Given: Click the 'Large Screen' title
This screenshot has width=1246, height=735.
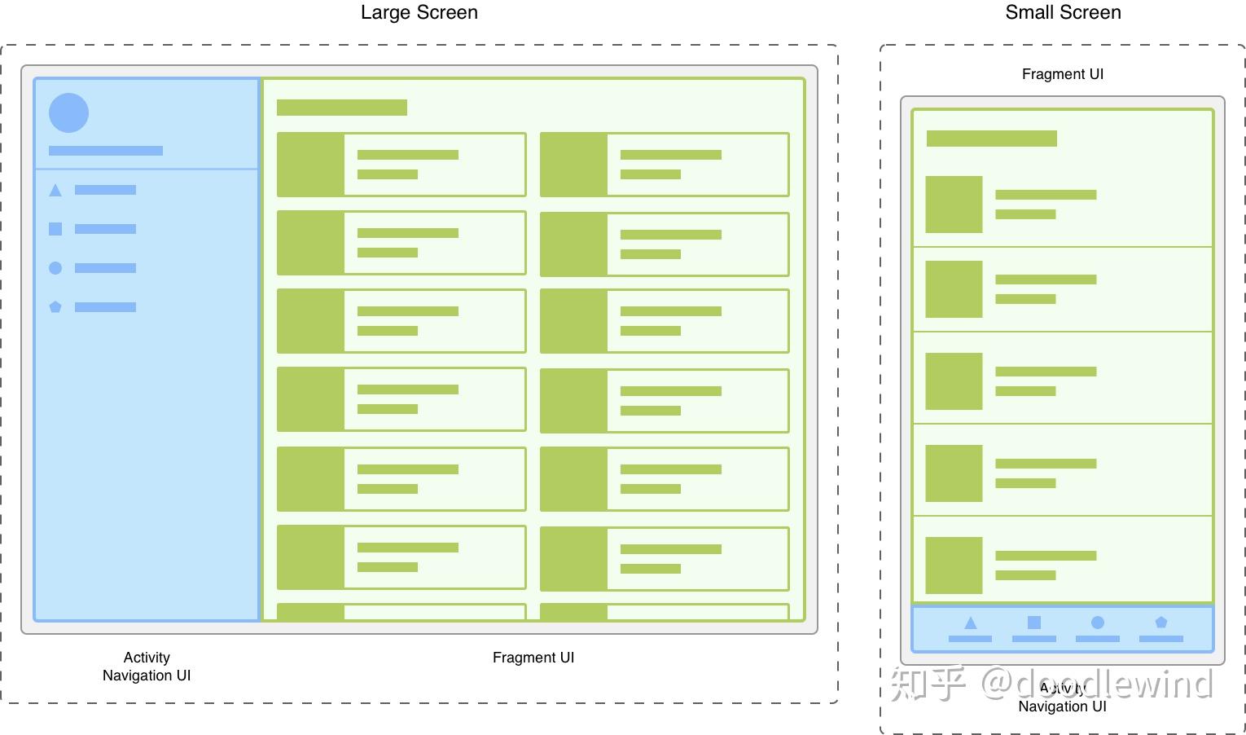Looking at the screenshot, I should click(x=419, y=12).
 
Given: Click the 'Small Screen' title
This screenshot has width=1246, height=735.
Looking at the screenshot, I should click(x=1063, y=12).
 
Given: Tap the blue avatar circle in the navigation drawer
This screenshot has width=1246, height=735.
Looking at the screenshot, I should click(x=68, y=112).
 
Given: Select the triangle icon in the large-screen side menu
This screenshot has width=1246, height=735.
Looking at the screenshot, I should click(x=55, y=191).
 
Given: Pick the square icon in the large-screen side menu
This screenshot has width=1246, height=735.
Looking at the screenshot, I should click(x=55, y=229).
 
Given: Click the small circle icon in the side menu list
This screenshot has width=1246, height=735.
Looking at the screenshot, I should click(x=55, y=268).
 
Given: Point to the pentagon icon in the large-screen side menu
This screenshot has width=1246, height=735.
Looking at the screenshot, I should click(x=55, y=307).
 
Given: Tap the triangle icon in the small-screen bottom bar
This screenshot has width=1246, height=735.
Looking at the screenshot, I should click(x=970, y=623).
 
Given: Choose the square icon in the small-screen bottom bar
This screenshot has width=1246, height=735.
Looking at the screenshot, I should click(x=1034, y=623).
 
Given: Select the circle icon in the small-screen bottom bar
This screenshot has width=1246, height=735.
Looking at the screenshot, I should click(x=1098, y=623).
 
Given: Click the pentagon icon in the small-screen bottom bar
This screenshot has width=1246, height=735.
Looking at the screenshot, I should click(x=1161, y=623).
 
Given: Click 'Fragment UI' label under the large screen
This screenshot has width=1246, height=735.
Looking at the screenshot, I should click(x=533, y=658).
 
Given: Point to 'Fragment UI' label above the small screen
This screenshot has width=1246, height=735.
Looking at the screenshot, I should click(x=1063, y=74).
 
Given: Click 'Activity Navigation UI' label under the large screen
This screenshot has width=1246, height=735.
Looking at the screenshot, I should click(x=147, y=667).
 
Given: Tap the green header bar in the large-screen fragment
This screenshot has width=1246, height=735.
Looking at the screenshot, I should click(x=342, y=108).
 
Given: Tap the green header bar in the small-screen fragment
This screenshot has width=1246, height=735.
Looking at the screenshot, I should click(x=991, y=139).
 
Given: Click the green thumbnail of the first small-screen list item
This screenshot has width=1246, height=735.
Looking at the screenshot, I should click(x=954, y=205).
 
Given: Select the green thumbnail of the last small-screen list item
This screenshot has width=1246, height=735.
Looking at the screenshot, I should click(x=954, y=566).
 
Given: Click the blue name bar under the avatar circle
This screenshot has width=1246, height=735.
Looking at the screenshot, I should click(x=106, y=151).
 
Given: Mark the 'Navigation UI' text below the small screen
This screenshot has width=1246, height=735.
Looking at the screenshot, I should click(x=1062, y=706).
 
